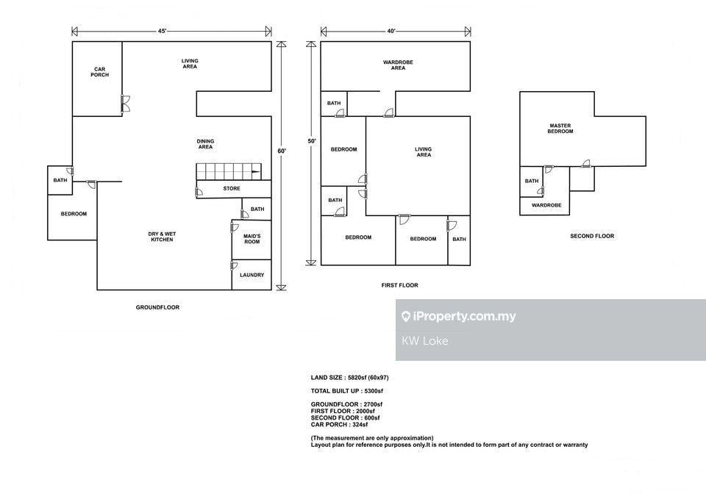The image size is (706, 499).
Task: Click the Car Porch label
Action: [99, 72]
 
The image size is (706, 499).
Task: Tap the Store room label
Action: [232, 189]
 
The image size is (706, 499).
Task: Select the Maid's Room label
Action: [252, 239]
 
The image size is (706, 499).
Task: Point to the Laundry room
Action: [252, 275]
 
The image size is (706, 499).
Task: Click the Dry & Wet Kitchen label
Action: [162, 237]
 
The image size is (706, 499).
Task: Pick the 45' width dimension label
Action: [162, 31]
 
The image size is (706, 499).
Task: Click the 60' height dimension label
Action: [282, 151]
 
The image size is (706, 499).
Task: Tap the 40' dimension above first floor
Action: [391, 31]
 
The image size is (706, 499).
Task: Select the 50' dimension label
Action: [312, 141]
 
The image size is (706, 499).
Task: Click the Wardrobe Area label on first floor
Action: [398, 65]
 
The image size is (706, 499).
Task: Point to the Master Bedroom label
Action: [560, 129]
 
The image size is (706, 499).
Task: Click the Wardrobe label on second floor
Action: [546, 205]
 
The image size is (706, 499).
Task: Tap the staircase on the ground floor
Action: [229, 172]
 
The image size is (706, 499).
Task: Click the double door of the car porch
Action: [126, 104]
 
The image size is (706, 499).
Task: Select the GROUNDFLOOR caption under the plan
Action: [157, 307]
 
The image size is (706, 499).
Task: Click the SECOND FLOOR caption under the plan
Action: [592, 236]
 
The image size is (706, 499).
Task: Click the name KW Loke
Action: [424, 341]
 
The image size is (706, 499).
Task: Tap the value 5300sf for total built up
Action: [374, 391]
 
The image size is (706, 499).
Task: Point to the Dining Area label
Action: [205, 144]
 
